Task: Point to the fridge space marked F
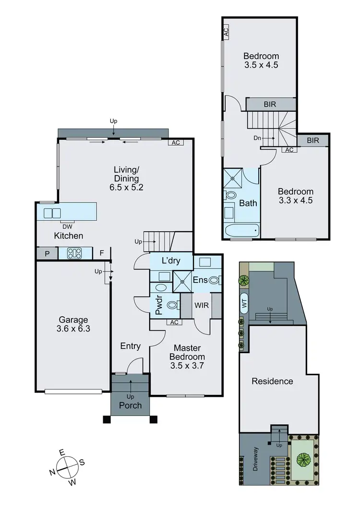[102, 253]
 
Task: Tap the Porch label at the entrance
[130, 405]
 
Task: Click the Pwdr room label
[159, 307]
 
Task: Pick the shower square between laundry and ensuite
[182, 280]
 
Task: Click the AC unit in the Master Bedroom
[174, 322]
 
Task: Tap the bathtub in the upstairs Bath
[241, 230]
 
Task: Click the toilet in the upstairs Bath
[230, 195]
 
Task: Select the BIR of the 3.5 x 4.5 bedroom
[270, 104]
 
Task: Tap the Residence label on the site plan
[272, 381]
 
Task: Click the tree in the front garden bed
[303, 460]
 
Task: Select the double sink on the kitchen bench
[52, 213]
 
